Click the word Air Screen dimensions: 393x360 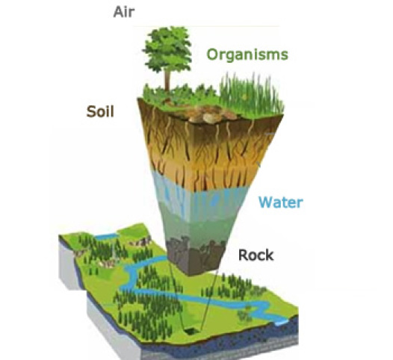124,12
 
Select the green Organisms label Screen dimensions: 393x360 247,55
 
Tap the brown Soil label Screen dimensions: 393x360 100,111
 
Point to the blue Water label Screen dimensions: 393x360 281,202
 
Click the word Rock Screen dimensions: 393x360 256,255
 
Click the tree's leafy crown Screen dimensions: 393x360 167,49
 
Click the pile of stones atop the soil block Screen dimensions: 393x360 208,114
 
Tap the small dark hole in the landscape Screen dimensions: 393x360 192,332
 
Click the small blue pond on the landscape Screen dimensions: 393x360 106,236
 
